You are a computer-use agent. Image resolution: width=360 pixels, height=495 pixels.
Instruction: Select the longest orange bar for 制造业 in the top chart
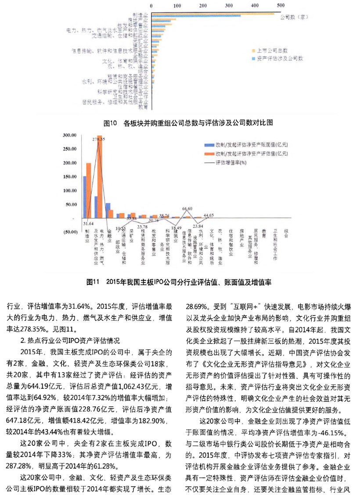point(213,14)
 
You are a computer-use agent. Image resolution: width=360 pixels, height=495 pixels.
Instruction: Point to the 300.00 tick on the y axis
point(71,135)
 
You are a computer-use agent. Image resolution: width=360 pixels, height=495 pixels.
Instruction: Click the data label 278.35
point(99,139)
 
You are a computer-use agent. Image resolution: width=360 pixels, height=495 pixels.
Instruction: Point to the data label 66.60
point(187,208)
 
